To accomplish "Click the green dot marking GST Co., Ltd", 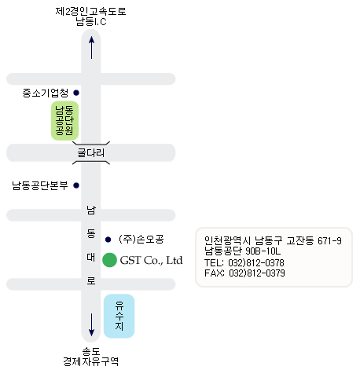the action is [109, 260].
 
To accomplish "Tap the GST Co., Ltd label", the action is [151, 260].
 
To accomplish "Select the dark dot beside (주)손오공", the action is [108, 240].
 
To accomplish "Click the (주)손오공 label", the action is [141, 239].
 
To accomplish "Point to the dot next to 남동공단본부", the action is [76, 185].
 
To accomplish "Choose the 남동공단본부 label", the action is [40, 185].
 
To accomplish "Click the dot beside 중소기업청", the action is [76, 93].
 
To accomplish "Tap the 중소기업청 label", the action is [46, 93].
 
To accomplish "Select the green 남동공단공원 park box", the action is [64, 120].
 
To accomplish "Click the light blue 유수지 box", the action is [119, 316].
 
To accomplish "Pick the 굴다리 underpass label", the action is [91, 152].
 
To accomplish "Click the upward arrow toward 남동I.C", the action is [91, 47].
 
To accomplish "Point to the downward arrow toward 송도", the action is [91, 324].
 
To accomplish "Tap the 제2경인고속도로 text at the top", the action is [90, 12].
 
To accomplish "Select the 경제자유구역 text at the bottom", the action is [90, 361].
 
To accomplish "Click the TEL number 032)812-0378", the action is [256, 262].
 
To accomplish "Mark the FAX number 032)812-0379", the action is [257, 273].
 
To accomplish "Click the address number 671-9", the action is [329, 240].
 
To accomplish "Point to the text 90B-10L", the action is [263, 251].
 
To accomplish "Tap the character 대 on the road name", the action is [91, 257].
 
